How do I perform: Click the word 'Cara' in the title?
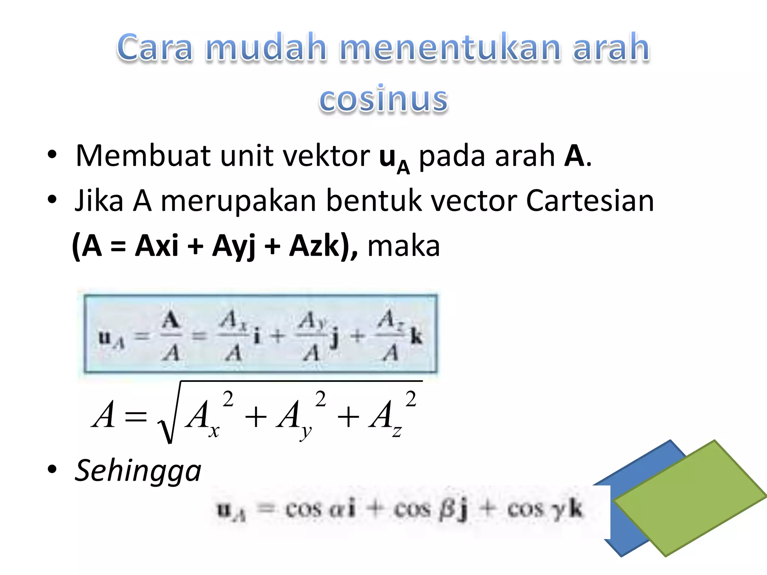click(155, 48)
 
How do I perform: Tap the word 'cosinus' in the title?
click(383, 99)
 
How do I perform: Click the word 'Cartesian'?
click(589, 201)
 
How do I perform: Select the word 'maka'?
click(403, 246)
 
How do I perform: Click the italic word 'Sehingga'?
click(138, 471)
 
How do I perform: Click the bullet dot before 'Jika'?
click(52, 200)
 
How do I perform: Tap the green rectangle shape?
click(689, 498)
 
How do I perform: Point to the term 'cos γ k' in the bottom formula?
click(545, 509)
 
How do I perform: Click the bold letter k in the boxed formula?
click(416, 336)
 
